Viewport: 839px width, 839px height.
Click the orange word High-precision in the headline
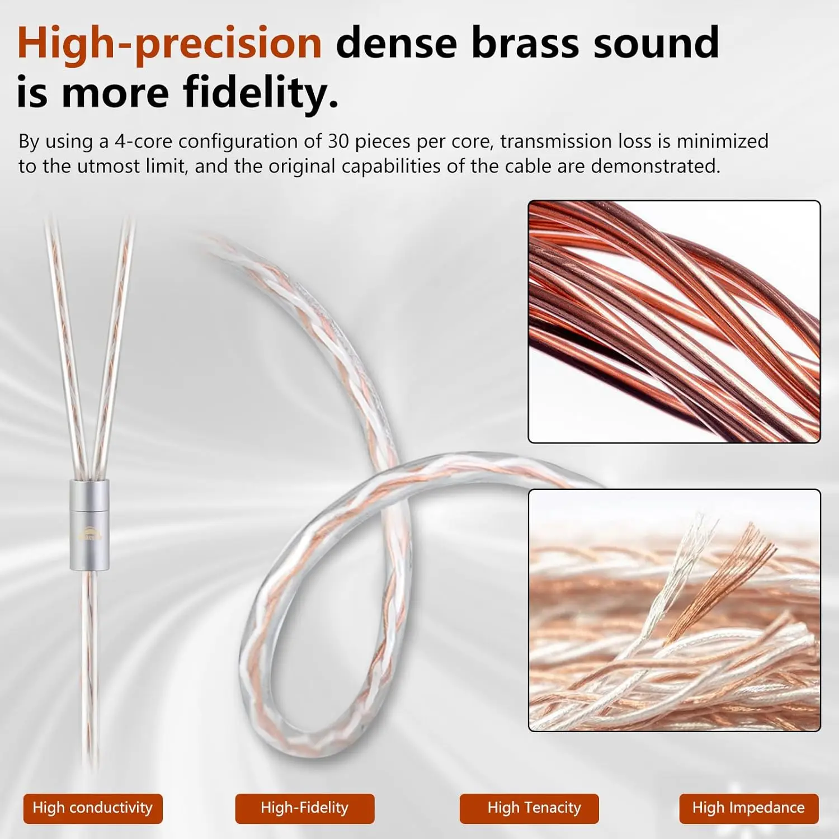pyautogui.click(x=169, y=44)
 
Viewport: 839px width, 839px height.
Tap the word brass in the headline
pyautogui.click(x=524, y=43)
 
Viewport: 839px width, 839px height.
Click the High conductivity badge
pyautogui.click(x=93, y=808)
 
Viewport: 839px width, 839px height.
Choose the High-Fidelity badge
pyautogui.click(x=304, y=808)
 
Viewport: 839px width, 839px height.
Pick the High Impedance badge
pyautogui.click(x=748, y=808)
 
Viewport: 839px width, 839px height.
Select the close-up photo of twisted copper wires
pyautogui.click(x=674, y=322)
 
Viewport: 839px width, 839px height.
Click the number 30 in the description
pyautogui.click(x=338, y=142)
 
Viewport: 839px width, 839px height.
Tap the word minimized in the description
pyautogui.click(x=722, y=142)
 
